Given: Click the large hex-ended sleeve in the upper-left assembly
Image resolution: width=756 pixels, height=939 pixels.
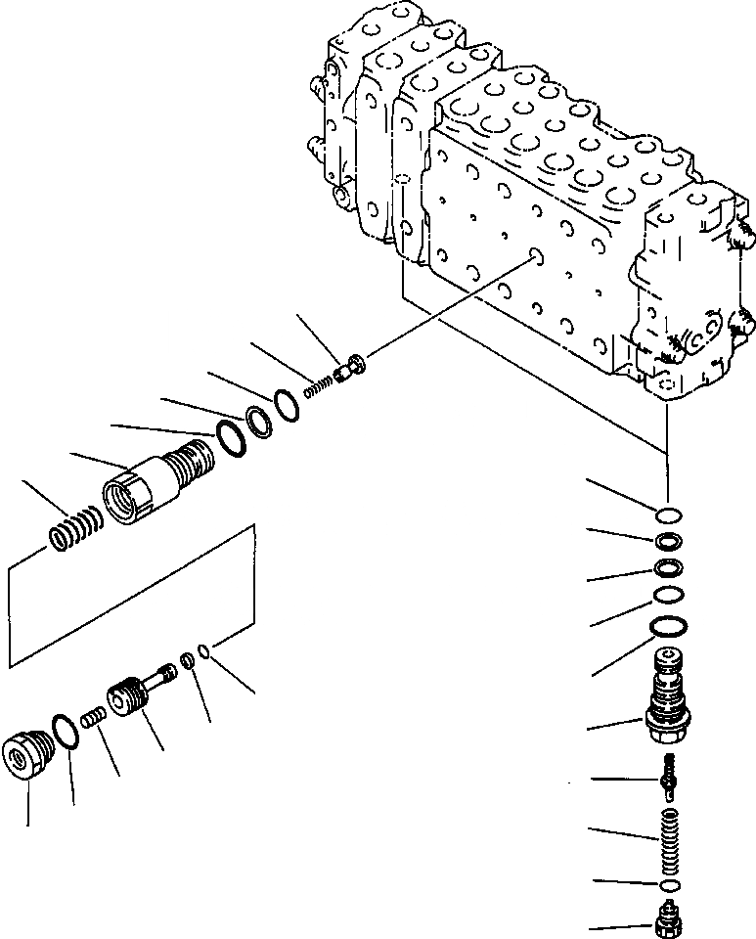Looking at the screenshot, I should pyautogui.click(x=156, y=483).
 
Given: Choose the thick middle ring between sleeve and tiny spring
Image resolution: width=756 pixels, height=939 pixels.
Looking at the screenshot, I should pyautogui.click(x=257, y=423).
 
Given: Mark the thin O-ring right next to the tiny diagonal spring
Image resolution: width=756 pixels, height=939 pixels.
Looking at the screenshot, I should pyautogui.click(x=286, y=405).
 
